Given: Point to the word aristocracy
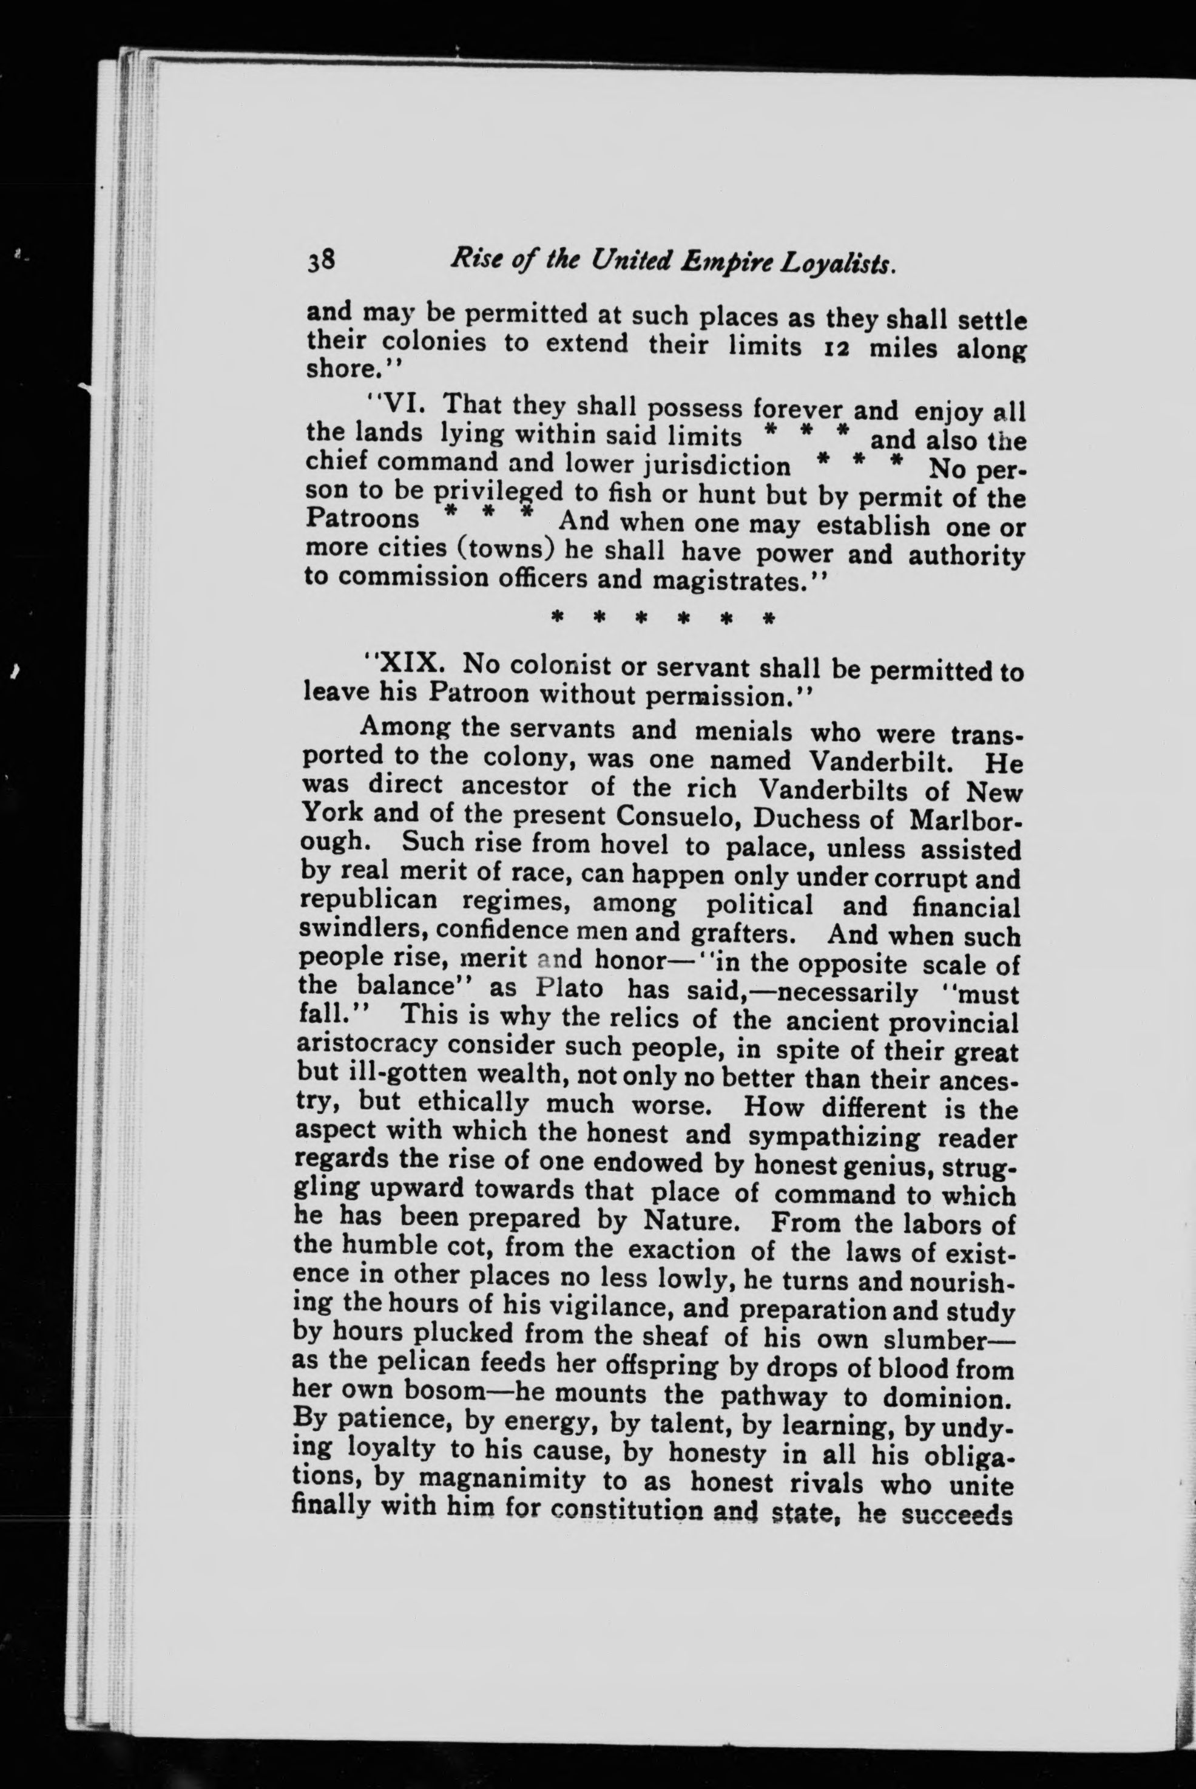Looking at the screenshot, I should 374,1044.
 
